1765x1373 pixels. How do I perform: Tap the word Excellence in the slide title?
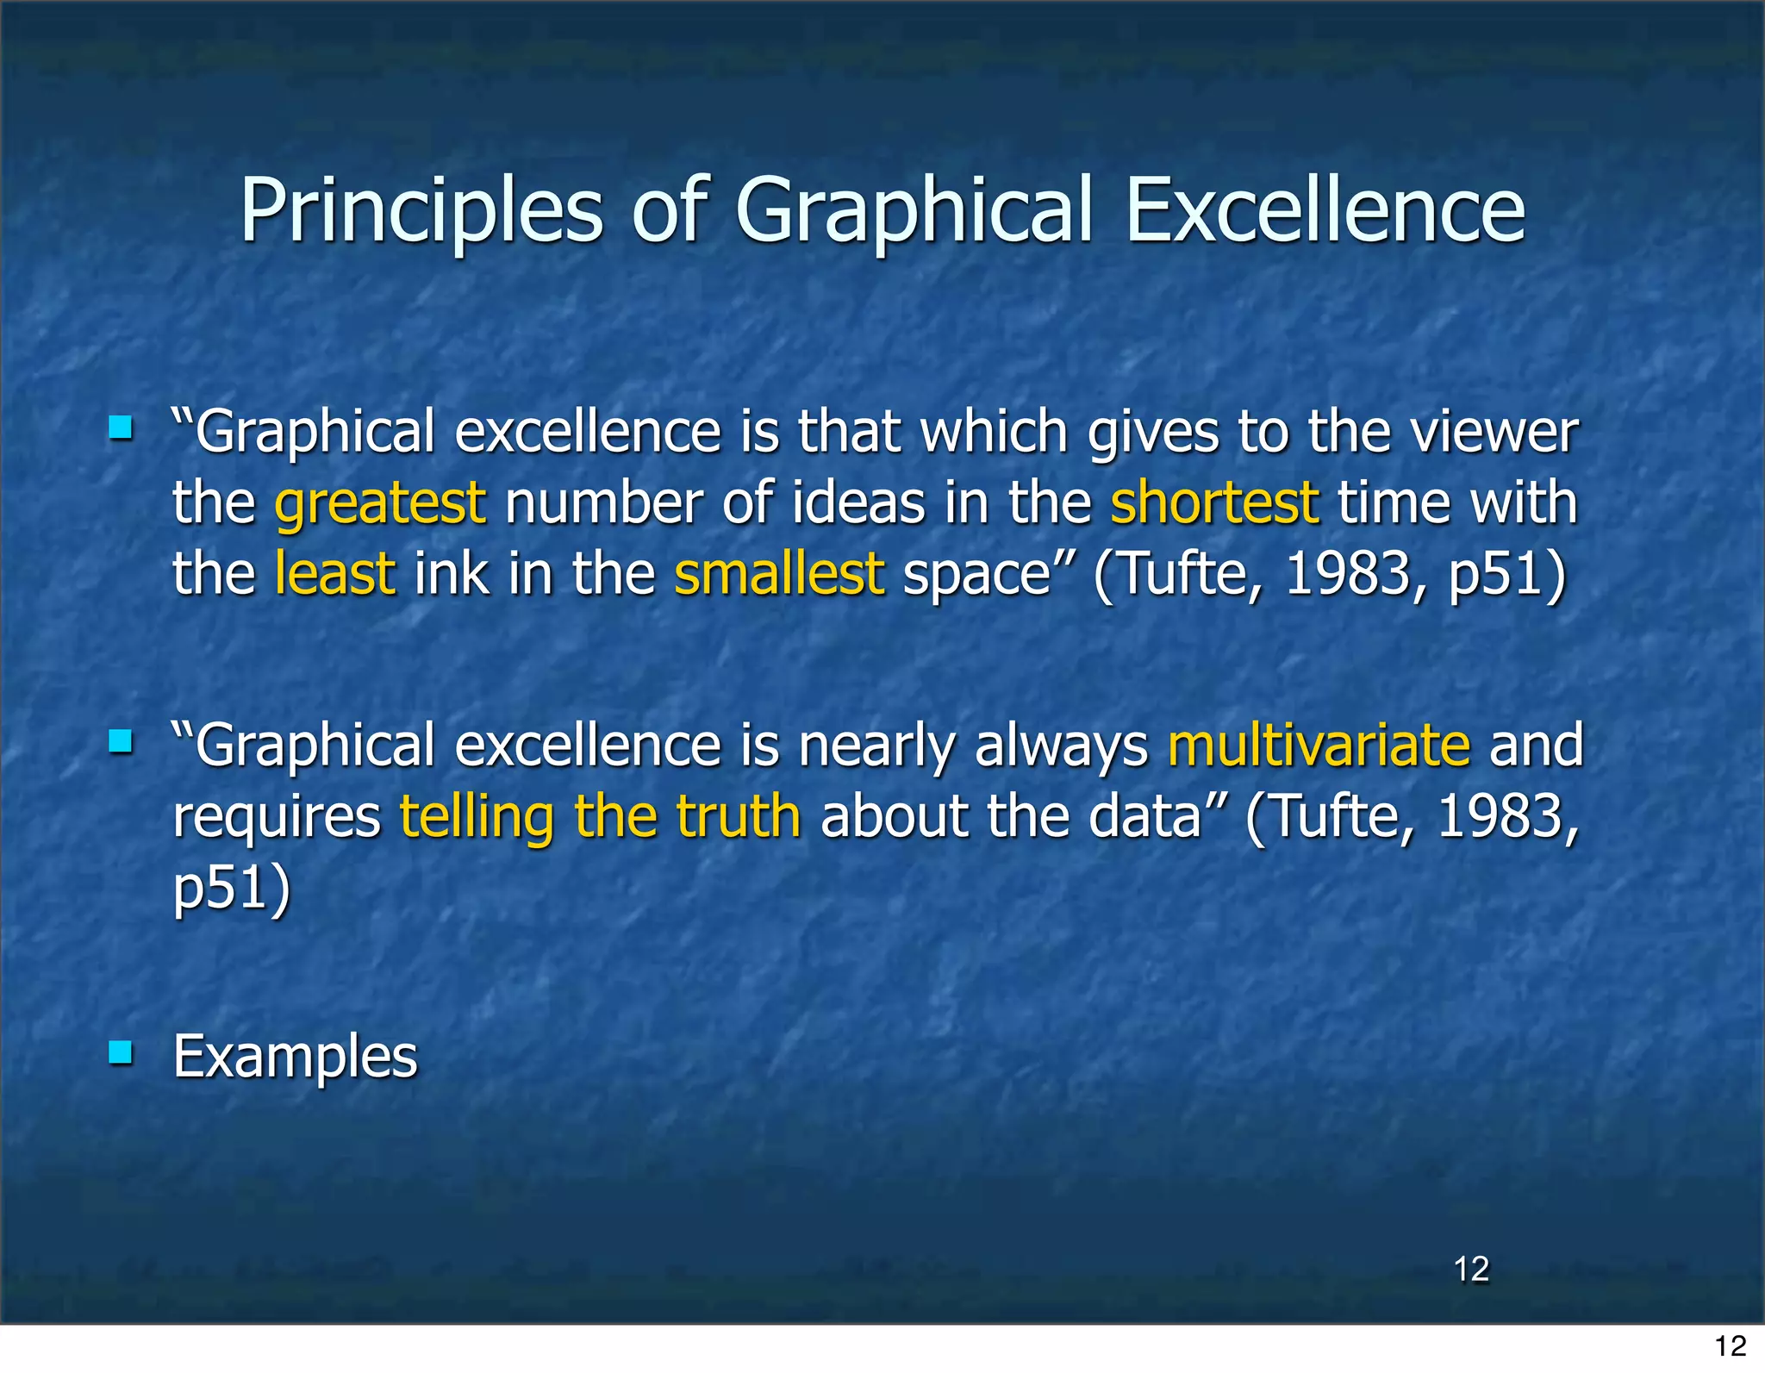click(1325, 210)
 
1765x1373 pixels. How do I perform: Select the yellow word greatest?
click(380, 503)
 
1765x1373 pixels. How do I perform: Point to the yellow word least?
click(335, 574)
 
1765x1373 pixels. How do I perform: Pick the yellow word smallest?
click(778, 574)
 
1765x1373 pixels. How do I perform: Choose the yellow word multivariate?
click(1319, 746)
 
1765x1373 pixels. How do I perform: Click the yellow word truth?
click(738, 816)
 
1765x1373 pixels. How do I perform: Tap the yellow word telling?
click(477, 817)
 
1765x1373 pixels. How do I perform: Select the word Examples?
click(295, 1057)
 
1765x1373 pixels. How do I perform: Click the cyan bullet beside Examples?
click(121, 1052)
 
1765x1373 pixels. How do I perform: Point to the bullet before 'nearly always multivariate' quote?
click(121, 741)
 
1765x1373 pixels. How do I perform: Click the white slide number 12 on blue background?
click(1471, 1269)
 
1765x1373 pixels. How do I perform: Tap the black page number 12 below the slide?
click(1730, 1345)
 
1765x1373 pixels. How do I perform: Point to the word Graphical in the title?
click(914, 212)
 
